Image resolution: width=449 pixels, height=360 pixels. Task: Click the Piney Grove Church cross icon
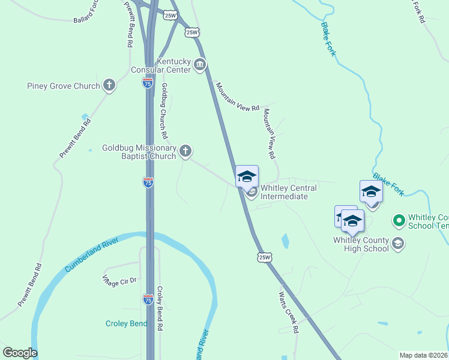(109, 85)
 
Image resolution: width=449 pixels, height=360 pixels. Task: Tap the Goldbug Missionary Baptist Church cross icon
(185, 151)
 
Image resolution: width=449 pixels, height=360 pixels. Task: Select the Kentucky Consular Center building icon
(200, 65)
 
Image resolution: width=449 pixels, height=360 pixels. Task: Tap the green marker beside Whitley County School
(398, 221)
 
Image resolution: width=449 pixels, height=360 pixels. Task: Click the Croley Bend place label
(126, 323)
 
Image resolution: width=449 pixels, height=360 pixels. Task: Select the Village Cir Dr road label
(119, 280)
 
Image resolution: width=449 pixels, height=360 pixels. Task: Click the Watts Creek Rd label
(288, 312)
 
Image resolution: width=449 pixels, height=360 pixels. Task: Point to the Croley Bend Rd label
(160, 308)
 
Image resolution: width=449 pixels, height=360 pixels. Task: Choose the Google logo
(20, 353)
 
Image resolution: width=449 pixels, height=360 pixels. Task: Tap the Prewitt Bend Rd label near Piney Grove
(75, 139)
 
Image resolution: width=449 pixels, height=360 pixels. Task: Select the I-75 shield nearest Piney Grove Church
(148, 83)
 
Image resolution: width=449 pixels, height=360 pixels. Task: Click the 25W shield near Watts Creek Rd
(265, 257)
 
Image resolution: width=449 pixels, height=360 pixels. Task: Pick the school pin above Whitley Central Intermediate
(247, 176)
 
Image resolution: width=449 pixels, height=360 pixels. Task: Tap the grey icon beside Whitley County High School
(398, 244)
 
